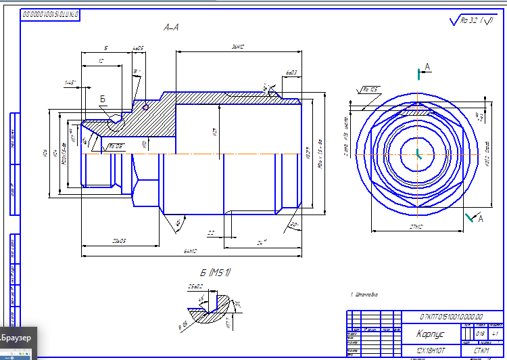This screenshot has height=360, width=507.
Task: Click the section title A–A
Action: (x=171, y=28)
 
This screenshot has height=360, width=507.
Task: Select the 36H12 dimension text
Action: (x=237, y=47)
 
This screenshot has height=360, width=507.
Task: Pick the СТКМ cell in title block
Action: (x=481, y=351)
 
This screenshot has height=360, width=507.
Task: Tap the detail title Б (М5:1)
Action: (x=216, y=273)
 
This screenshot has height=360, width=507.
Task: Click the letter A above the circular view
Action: (x=427, y=66)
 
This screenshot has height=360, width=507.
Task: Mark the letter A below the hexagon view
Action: (x=481, y=219)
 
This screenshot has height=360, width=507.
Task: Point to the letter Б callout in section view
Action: (x=103, y=99)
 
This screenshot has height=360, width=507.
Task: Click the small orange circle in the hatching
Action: (x=145, y=106)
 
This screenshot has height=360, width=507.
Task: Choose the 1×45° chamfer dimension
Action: (x=70, y=83)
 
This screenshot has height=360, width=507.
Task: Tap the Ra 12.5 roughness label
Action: (x=370, y=89)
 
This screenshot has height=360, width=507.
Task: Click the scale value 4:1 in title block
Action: (x=496, y=334)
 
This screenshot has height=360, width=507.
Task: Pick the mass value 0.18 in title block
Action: (x=481, y=334)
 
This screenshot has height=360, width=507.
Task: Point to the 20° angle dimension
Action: (x=293, y=224)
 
